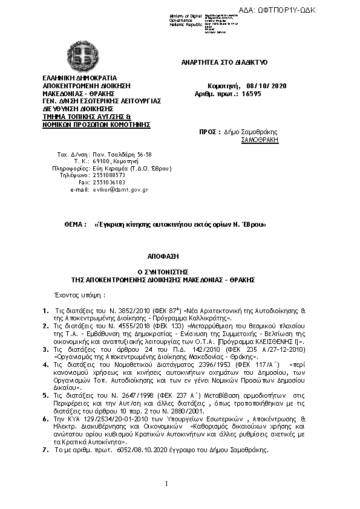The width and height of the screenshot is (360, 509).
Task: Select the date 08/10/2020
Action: coord(266,86)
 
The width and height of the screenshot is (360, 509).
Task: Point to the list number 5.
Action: coord(46,395)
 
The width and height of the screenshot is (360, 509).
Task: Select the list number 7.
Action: coord(46,450)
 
